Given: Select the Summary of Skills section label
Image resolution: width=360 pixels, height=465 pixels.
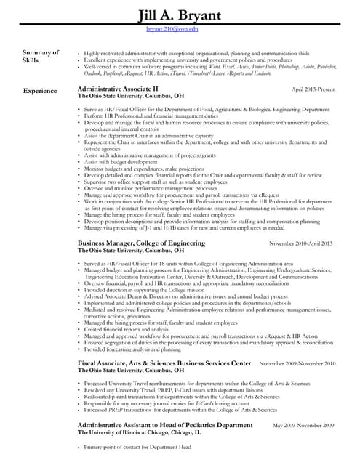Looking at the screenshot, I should [41, 57].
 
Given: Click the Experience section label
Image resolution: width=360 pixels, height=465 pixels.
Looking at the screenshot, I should [40, 91].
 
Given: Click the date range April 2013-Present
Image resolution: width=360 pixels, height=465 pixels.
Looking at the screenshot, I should [312, 89].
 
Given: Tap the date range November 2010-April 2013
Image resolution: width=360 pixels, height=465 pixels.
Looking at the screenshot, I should [300, 243].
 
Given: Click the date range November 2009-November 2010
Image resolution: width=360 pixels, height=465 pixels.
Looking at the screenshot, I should [297, 363].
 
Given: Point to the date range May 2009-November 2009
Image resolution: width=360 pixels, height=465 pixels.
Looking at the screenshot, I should [303, 425].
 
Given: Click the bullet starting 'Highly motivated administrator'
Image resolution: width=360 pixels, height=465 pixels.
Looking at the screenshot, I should [196, 54].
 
